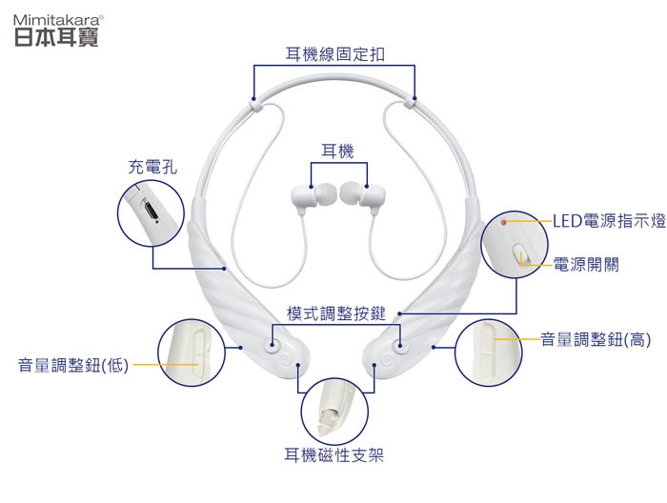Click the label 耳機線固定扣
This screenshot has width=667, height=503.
click(335, 53)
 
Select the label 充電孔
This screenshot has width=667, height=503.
click(152, 167)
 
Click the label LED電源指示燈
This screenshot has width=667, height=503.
click(608, 222)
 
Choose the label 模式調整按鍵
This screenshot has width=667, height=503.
click(335, 313)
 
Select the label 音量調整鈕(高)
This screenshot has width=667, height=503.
click(596, 339)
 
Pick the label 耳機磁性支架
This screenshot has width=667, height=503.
click(334, 455)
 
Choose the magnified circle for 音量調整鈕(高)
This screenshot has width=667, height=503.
click(488, 353)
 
